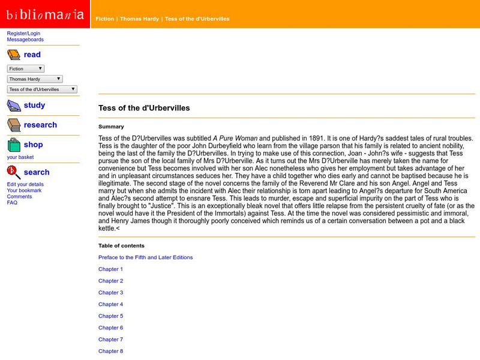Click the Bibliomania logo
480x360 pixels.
point(45,14)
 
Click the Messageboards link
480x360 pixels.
point(25,40)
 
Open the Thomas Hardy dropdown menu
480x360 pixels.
point(35,79)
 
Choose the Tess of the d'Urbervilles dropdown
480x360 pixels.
point(42,89)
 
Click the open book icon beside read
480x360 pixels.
point(13,55)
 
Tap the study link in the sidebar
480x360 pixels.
point(34,105)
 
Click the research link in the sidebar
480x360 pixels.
point(40,125)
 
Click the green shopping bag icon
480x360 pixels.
point(13,145)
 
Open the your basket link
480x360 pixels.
point(20,157)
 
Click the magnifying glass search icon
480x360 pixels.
point(13,172)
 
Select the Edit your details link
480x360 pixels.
point(25,184)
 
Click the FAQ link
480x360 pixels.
point(12,203)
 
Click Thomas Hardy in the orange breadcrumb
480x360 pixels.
point(140,19)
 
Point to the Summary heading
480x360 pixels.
point(111,127)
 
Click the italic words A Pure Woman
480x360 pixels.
point(235,138)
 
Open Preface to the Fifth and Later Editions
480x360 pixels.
point(145,257)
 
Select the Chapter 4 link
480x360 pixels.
point(110,304)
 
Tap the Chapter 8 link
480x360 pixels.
point(110,351)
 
